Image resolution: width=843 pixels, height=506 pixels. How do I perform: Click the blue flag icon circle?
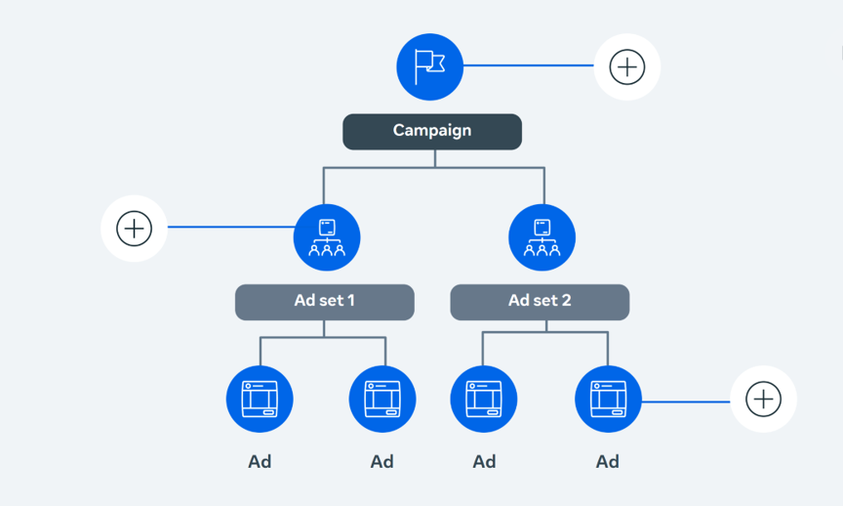coord(429,66)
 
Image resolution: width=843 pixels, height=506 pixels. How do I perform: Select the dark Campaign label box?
coord(432,131)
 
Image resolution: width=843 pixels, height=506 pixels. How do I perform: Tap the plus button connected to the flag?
coord(626,66)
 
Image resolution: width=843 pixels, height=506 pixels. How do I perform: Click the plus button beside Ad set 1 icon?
coord(134,229)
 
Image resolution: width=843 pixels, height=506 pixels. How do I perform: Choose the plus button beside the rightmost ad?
coord(763,399)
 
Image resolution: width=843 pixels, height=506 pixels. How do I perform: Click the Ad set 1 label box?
coord(325,302)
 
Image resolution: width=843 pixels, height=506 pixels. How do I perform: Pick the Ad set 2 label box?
coord(540,302)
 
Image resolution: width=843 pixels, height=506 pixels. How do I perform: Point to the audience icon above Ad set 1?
coord(327,237)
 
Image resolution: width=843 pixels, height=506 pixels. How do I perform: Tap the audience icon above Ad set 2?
coord(542,237)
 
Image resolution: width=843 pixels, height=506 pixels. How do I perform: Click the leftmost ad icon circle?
coord(260,399)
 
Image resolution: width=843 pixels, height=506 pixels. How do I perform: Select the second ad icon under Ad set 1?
coord(382,399)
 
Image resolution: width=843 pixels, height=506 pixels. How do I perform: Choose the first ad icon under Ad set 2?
coord(484,399)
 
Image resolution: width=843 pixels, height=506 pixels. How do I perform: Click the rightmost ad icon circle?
coord(608,399)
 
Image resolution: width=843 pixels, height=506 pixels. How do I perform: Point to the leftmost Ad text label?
coord(260,461)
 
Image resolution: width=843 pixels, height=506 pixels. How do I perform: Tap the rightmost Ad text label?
coord(608,461)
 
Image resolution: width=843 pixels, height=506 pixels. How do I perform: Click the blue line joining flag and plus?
coord(529,65)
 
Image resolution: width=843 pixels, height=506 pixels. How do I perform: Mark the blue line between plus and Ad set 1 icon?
coord(231,227)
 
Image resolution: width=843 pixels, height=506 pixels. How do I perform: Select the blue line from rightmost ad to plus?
coord(686,401)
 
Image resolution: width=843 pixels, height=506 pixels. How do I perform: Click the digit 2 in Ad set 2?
coord(566,300)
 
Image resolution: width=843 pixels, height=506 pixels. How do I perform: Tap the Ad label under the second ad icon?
coord(382,461)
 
